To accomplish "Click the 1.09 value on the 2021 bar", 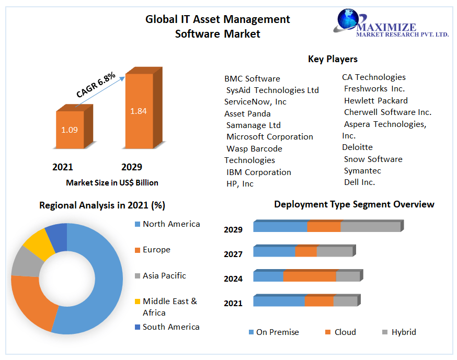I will [69, 130].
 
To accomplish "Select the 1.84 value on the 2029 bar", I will [139, 111].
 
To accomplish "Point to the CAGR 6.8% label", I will [96, 84].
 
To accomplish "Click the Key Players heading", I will [333, 59].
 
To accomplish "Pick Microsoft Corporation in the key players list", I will [269, 137].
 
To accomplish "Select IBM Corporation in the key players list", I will [258, 172].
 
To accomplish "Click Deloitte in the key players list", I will [357, 147].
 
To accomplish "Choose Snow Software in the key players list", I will [373, 159].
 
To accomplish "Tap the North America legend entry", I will [171, 224].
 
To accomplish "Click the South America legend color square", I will [137, 327].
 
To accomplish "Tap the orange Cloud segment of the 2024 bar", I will [310, 276].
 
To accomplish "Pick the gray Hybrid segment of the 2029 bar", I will [370, 227].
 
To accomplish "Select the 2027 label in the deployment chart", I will [233, 254].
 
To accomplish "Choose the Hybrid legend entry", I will [403, 332].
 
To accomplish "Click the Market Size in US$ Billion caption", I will [112, 183].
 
